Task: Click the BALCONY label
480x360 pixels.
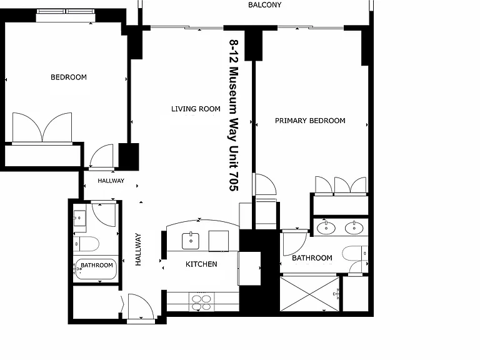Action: pos(264,5)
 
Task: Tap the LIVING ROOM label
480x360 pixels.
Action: pos(196,109)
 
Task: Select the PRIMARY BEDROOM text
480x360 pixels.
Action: pos(310,121)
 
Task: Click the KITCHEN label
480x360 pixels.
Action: pos(201,264)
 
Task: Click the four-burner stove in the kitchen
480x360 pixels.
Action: pos(201,302)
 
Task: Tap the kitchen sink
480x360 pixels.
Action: pos(191,241)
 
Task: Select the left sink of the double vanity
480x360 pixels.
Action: pos(326,227)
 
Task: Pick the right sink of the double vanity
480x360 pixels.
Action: pos(354,227)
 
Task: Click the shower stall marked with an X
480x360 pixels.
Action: pos(310,294)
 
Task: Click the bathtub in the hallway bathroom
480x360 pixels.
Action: pos(96,269)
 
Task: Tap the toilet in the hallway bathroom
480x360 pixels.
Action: pos(86,244)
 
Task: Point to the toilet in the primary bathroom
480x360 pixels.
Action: pos(355,254)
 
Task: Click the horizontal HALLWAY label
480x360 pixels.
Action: pos(111,181)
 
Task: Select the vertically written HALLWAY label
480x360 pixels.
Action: pos(138,249)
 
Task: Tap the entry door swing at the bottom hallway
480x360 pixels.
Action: pos(141,307)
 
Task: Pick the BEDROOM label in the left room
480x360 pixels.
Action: pos(69,77)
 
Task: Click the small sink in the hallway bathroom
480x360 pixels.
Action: pos(79,218)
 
